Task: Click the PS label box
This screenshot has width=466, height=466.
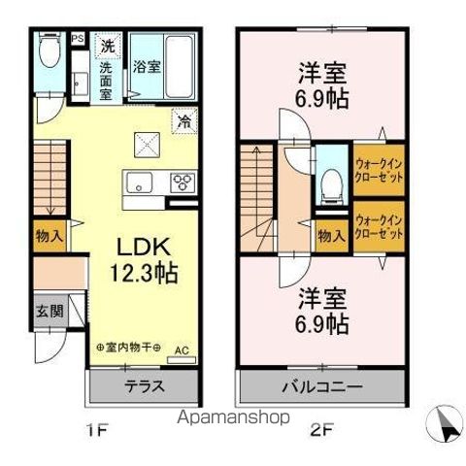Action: click(78, 40)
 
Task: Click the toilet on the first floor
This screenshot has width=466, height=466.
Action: click(47, 54)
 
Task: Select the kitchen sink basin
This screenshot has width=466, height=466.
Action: click(138, 181)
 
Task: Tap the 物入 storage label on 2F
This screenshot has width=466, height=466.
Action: click(331, 237)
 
